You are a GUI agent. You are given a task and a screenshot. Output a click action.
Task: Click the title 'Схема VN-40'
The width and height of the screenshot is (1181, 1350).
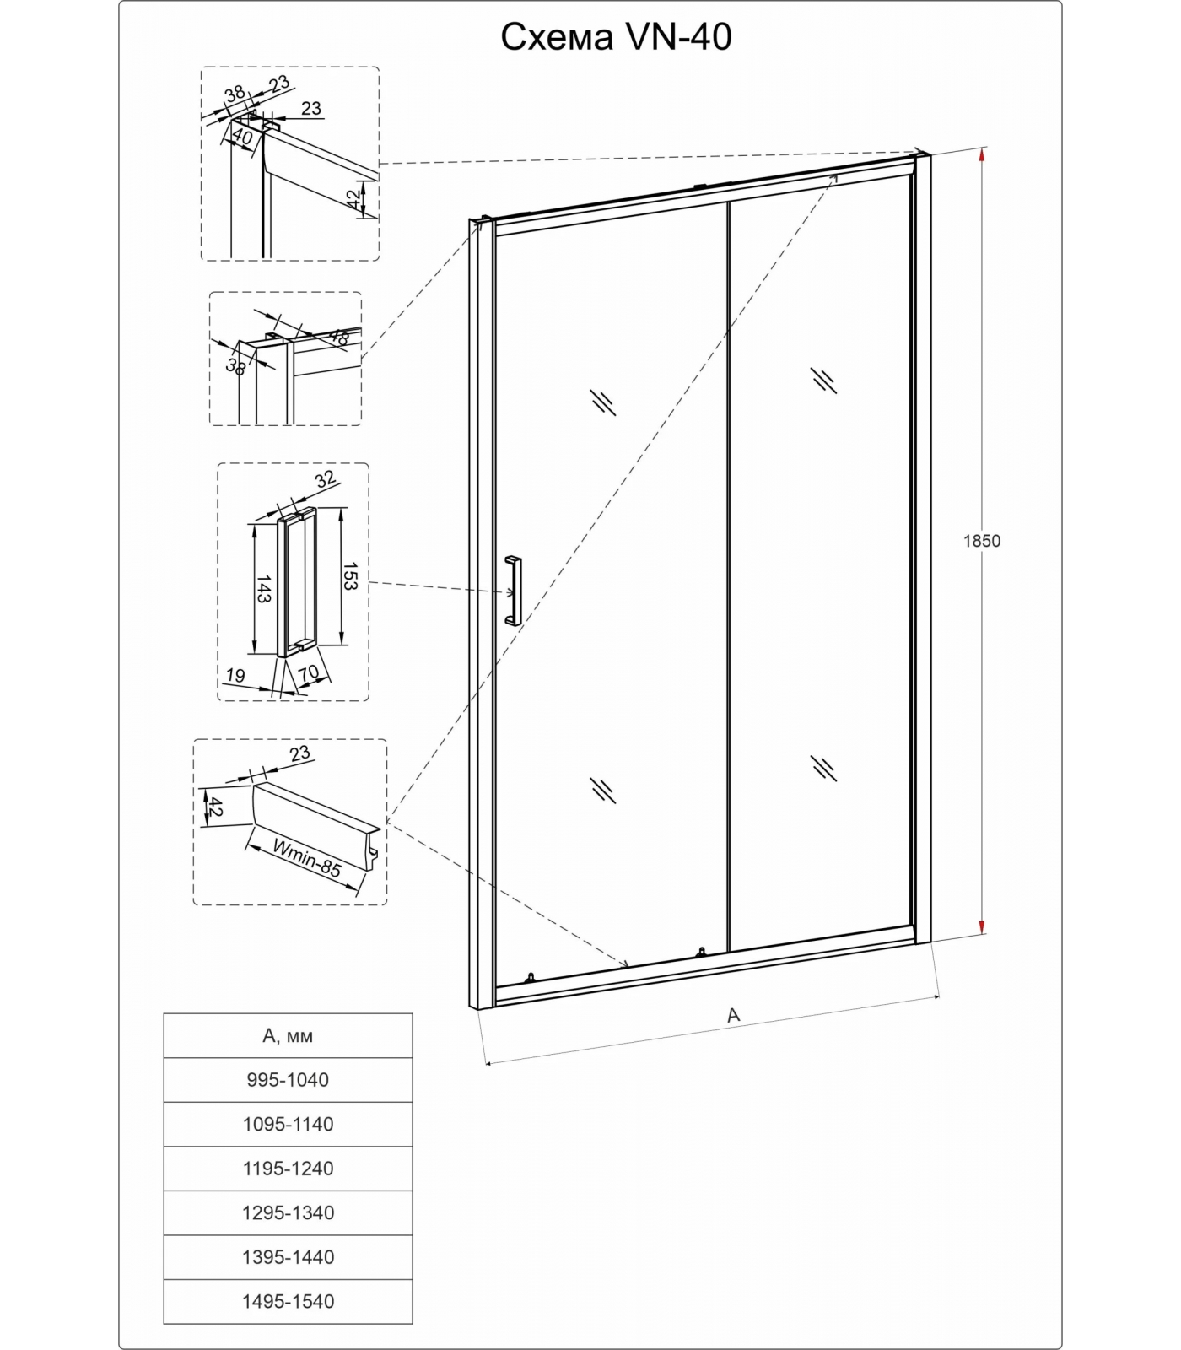[616, 37]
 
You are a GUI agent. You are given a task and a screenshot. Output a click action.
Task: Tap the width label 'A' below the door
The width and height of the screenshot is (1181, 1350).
[733, 1016]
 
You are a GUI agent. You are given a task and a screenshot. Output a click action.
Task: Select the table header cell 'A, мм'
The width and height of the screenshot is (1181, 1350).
[288, 1035]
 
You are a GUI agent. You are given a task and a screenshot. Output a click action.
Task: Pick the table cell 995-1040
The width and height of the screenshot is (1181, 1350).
[288, 1080]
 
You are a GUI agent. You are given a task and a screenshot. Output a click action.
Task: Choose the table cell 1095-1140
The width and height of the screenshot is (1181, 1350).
[288, 1124]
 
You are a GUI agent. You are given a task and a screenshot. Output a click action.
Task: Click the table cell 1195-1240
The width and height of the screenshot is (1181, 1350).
[288, 1169]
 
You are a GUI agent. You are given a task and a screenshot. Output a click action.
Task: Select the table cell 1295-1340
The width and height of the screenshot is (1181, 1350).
[288, 1212]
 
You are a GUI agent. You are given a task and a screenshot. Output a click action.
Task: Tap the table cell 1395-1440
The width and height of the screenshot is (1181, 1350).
[288, 1257]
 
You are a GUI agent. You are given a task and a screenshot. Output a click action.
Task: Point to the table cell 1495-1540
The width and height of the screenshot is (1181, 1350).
[288, 1301]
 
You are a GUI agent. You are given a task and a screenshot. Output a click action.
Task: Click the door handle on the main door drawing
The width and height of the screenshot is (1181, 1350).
[513, 591]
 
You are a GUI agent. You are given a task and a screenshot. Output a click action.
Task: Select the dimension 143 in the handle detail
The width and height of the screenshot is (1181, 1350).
[262, 588]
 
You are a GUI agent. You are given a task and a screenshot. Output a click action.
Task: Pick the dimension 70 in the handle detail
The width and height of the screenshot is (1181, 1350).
[309, 673]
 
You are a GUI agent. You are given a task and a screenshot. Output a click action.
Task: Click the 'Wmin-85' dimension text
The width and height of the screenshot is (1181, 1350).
[307, 856]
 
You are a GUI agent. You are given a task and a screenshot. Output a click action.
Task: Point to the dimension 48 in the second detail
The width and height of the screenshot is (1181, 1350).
[338, 337]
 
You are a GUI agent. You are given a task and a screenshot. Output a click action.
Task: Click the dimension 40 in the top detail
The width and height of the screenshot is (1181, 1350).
[242, 136]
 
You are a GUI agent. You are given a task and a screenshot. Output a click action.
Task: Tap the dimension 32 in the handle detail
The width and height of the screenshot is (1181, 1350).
[326, 480]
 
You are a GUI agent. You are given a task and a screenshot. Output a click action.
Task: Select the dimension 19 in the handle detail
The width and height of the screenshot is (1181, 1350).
[235, 675]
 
